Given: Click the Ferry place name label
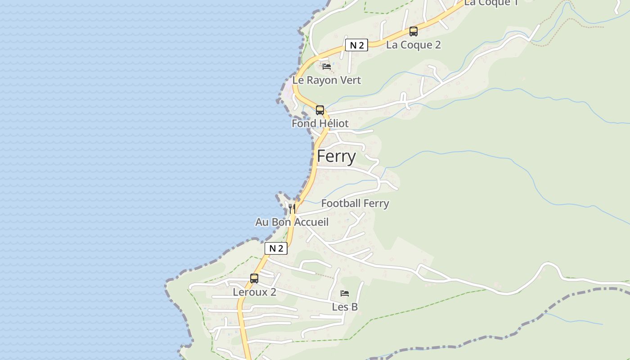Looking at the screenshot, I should (336, 157).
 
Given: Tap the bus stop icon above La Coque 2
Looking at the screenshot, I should (413, 31).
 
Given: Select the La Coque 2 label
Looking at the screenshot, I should (413, 45).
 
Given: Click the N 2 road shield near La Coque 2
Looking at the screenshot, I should (356, 45).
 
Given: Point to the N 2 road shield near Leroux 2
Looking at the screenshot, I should (275, 248).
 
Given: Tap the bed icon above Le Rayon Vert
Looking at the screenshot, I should (327, 66).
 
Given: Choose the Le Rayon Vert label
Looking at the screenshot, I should (327, 80).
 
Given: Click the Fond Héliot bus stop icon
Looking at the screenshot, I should (319, 110).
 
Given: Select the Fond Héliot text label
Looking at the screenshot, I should (320, 123).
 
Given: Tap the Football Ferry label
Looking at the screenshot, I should (355, 203).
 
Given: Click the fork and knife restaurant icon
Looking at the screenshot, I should (292, 208).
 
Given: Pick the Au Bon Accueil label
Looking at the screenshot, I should (292, 222).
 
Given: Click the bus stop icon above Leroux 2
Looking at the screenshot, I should (254, 279).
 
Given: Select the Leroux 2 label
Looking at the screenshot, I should (254, 292).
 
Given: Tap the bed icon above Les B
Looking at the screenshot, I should (345, 293).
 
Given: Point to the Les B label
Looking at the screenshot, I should (345, 307).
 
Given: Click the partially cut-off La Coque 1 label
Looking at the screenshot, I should (491, 3).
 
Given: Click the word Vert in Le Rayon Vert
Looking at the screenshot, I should (349, 80).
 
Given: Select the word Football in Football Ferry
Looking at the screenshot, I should (341, 203).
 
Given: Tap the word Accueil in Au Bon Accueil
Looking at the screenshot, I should (311, 222).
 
